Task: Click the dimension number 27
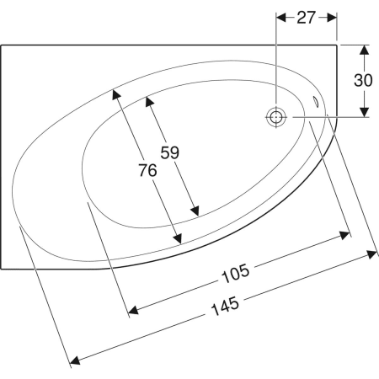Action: tap(306, 18)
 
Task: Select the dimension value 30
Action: tap(363, 80)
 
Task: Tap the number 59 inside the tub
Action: tap(170, 152)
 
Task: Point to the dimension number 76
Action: tap(147, 170)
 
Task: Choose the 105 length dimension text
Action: tap(235, 273)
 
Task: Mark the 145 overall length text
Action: tap(225, 307)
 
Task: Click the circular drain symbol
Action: tap(276, 117)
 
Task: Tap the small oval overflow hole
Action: tap(316, 101)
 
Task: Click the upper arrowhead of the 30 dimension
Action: tap(364, 51)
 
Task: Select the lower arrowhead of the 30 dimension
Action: tap(364, 112)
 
